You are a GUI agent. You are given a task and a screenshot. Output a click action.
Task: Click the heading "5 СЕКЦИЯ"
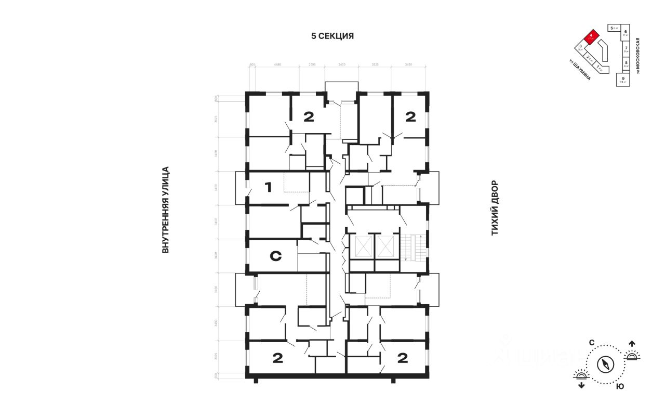332,36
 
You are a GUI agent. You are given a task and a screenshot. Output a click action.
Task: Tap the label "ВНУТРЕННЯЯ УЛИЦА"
166,210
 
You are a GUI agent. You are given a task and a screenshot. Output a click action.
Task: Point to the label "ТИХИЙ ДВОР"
495,208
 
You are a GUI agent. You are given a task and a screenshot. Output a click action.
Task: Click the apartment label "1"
268,187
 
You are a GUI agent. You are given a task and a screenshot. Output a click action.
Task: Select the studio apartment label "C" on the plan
276,256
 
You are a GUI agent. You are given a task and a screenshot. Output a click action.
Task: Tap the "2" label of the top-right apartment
410,117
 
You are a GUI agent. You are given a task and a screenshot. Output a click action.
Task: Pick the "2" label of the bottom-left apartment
277,358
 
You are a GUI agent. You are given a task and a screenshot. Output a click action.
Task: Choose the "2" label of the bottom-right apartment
403,358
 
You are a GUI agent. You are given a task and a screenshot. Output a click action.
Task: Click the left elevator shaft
362,247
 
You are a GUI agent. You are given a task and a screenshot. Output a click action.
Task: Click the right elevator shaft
387,247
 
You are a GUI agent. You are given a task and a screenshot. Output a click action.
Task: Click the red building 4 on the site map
591,37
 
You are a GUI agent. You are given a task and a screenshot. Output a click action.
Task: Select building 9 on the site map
622,79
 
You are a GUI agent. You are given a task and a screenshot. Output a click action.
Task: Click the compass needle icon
606,364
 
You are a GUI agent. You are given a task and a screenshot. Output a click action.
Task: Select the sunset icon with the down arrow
581,378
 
